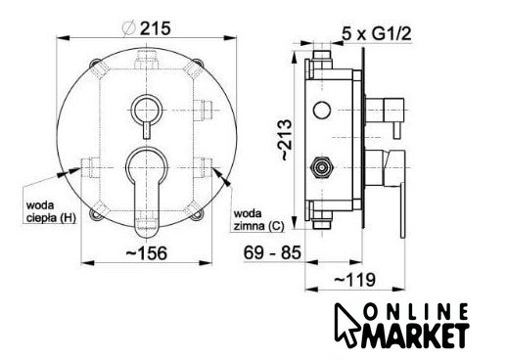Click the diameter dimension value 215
click(x=156, y=28)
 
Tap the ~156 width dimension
click(x=147, y=253)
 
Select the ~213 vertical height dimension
click(x=286, y=140)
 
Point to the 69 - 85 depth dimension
click(x=272, y=252)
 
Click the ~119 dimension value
click(x=355, y=280)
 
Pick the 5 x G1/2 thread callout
click(x=377, y=33)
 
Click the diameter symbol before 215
click(x=128, y=28)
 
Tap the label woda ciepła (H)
click(x=51, y=211)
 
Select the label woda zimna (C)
click(x=258, y=219)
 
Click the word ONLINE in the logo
click(x=416, y=312)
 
